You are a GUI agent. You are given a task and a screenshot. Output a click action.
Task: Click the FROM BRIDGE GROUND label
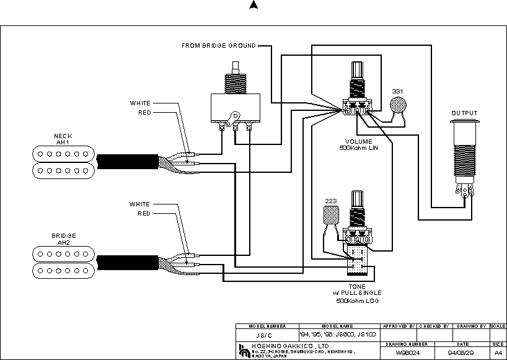218,46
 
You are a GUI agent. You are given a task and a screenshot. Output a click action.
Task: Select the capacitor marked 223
331,214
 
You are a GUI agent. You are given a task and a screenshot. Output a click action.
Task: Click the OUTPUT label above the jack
464,113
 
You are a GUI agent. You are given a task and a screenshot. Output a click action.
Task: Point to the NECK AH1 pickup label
62,139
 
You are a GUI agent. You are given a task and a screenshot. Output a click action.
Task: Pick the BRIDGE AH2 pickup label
63,240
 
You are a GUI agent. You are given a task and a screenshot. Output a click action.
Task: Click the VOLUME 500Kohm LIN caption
358,146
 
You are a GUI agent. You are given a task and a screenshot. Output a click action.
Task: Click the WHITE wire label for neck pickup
139,103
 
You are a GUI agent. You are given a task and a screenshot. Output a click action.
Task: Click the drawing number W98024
404,352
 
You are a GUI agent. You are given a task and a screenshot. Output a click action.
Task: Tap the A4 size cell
498,352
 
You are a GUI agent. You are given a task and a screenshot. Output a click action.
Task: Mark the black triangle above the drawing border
253,5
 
